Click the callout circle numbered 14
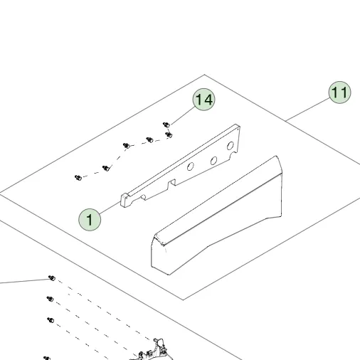(203, 100)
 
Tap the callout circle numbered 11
(339, 92)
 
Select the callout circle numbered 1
(90, 220)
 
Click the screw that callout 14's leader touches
(166, 125)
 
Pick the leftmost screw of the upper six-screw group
(78, 178)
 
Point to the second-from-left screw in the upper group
(106, 168)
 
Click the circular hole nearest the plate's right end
(230, 146)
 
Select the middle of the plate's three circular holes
(213, 161)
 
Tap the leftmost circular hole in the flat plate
(190, 166)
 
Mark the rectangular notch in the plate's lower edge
(172, 184)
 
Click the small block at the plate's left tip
(125, 200)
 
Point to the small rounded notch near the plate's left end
(143, 197)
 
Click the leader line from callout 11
(307, 109)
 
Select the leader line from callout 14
(183, 116)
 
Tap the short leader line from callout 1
(110, 208)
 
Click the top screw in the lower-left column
(52, 278)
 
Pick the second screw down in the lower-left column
(50, 299)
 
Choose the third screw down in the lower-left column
(51, 320)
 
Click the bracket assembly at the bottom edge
(152, 350)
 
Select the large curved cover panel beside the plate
(216, 216)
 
